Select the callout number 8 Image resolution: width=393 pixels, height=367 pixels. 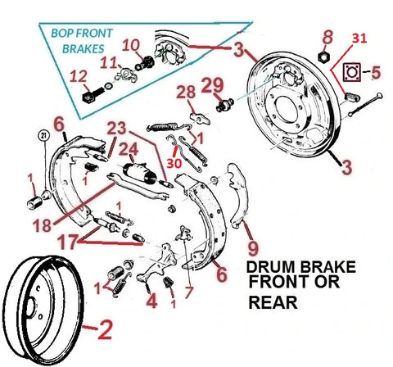[327, 37]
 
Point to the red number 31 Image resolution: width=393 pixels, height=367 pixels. [361, 39]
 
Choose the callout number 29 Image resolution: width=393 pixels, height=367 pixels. [213, 84]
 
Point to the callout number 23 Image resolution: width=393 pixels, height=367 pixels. [116, 129]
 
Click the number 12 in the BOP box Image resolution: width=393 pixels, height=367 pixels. [79, 78]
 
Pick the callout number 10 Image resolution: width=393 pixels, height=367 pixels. [131, 46]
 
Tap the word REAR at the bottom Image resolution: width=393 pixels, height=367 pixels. [273, 327]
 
